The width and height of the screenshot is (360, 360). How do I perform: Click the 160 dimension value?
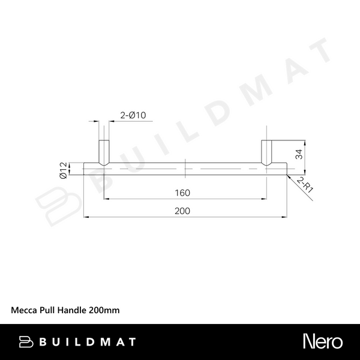184,193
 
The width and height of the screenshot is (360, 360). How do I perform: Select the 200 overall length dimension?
184,211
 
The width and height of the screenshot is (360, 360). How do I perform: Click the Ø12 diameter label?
62,170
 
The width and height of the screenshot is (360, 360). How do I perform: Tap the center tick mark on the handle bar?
186,169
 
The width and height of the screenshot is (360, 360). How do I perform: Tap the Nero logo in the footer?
323,342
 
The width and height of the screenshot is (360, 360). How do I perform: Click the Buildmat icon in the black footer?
26,342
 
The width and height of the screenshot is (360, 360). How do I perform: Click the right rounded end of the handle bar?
286,169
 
